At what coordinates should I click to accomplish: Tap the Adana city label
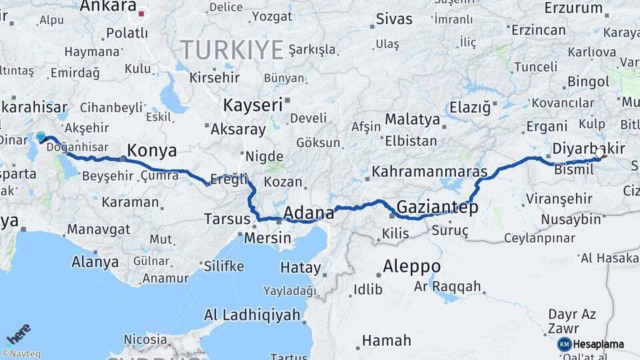[x=309, y=213]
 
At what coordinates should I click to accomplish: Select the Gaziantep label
[x=437, y=207]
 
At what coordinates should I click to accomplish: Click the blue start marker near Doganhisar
[x=41, y=137]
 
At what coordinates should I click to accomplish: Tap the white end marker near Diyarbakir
[x=599, y=153]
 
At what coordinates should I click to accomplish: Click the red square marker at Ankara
[x=141, y=13]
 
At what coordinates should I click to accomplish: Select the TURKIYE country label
[x=232, y=49]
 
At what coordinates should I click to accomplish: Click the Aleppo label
[x=411, y=267]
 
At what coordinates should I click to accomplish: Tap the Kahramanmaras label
[x=429, y=171]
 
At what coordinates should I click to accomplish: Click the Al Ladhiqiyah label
[x=251, y=315]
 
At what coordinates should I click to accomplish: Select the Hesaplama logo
[x=591, y=344]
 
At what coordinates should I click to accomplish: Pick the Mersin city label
[x=267, y=238]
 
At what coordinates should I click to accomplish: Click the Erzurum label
[x=573, y=8]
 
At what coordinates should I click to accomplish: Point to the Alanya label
[x=95, y=261]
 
